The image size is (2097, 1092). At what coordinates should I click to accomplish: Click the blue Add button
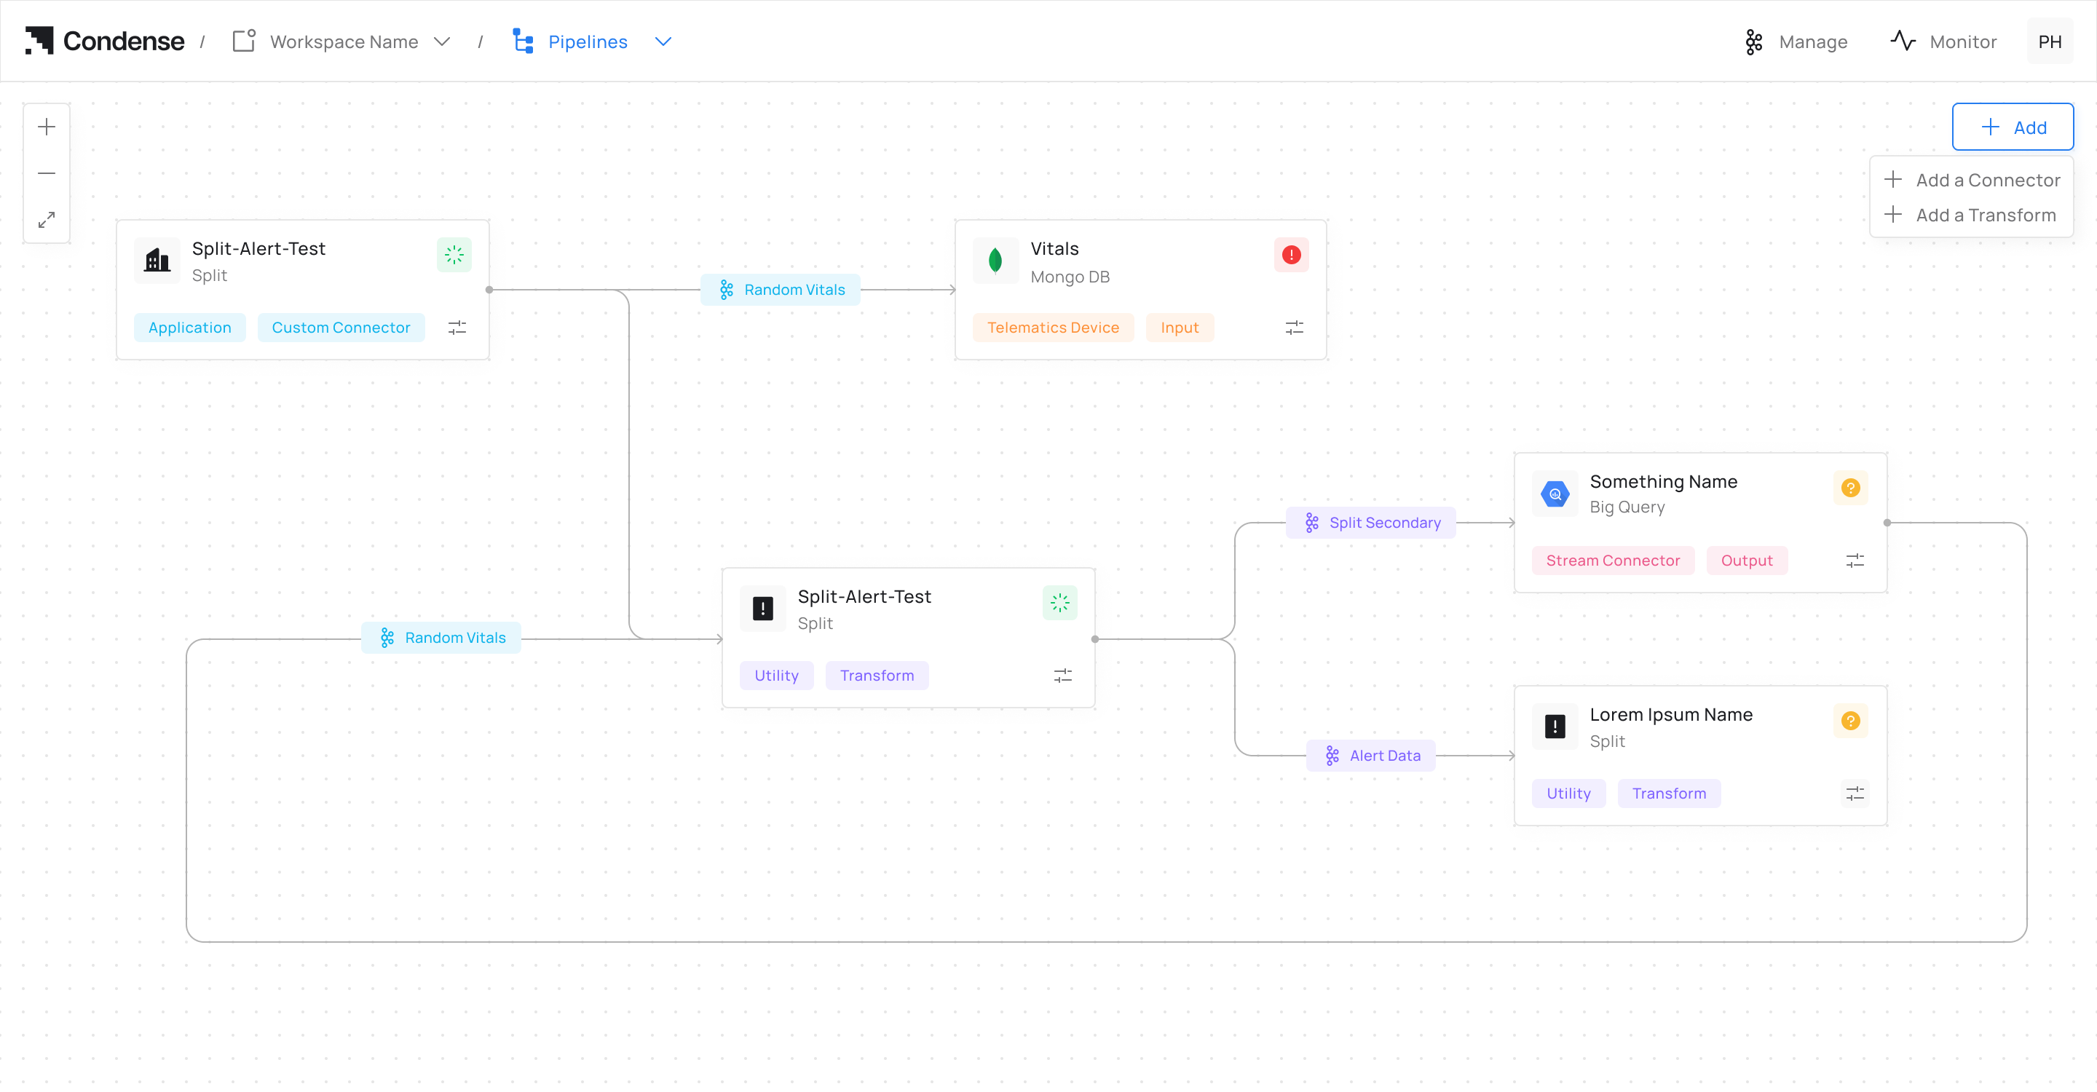click(2013, 127)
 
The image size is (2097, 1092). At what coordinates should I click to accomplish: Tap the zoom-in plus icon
click(47, 127)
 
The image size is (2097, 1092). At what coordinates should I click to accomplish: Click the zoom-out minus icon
click(47, 173)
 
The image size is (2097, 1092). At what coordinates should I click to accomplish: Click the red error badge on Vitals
click(1291, 255)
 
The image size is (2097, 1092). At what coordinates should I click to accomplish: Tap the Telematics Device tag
click(1053, 327)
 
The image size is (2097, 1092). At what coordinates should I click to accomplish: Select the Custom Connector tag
click(340, 327)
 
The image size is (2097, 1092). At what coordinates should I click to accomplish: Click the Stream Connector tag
click(1613, 560)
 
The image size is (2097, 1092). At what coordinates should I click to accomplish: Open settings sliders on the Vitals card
click(1295, 327)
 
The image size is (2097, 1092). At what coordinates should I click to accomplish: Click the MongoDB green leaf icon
click(995, 261)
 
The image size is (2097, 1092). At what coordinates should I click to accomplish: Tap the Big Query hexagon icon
click(1555, 494)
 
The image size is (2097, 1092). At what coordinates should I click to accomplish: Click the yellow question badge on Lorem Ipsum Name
click(1850, 721)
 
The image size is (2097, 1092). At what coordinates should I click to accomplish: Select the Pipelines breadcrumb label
click(587, 41)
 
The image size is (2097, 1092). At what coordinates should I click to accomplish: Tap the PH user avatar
click(2050, 41)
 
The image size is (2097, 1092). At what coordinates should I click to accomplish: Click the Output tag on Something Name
click(1746, 560)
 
